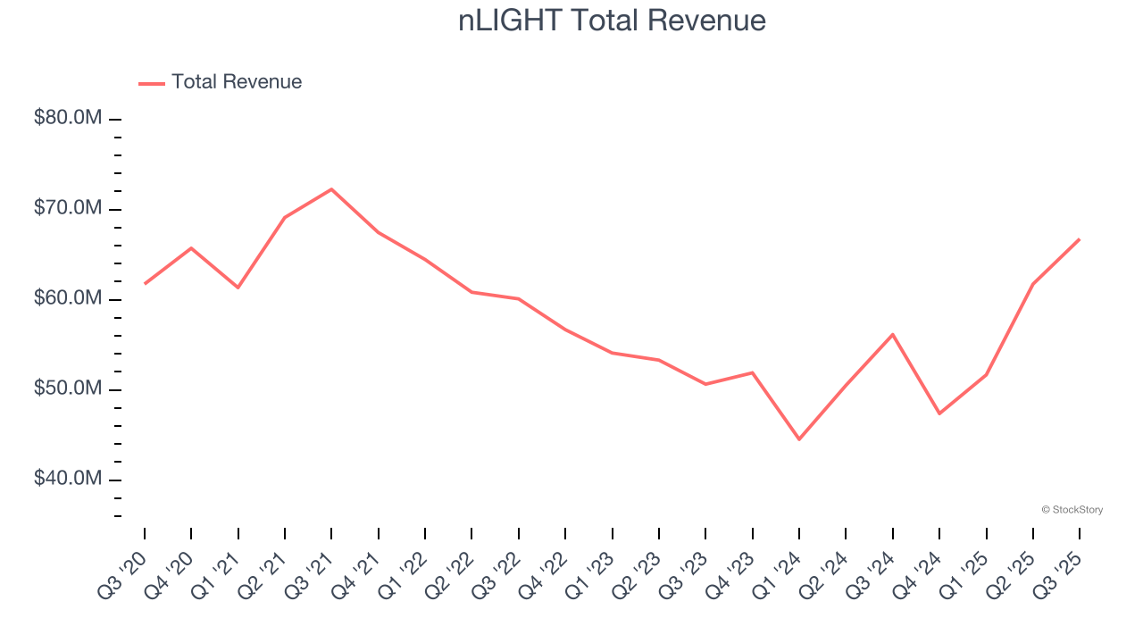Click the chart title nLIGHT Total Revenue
click(612, 21)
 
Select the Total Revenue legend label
click(237, 82)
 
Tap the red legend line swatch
click(152, 83)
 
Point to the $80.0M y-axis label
click(69, 119)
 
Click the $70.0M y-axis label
click(69, 209)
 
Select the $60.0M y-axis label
click(69, 299)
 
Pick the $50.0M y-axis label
click(69, 389)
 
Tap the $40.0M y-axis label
click(69, 480)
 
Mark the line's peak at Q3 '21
click(331, 189)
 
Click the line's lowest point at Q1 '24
click(799, 439)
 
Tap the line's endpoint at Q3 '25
click(1080, 239)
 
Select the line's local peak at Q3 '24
click(893, 334)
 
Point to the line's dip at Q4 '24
click(939, 413)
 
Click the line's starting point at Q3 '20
click(145, 283)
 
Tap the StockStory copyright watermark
click(1072, 510)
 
